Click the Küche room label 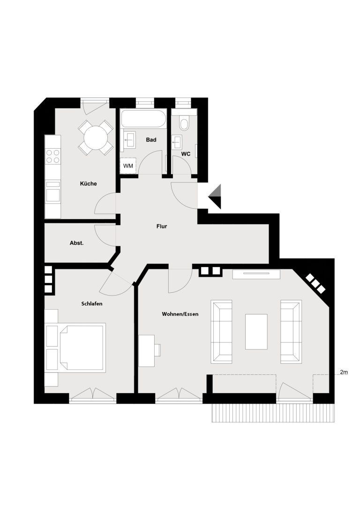(89, 183)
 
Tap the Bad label (151, 140)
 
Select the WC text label (186, 154)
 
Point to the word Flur (161, 226)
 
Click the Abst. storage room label (77, 243)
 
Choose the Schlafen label (91, 304)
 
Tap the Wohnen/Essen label (180, 314)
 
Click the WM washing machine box (128, 166)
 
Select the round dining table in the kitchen (96, 137)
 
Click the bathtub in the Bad (143, 119)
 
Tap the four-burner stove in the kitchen (53, 156)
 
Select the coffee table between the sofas (256, 331)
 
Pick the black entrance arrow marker (215, 197)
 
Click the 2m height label (344, 372)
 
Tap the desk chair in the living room (157, 350)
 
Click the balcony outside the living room (273, 413)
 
